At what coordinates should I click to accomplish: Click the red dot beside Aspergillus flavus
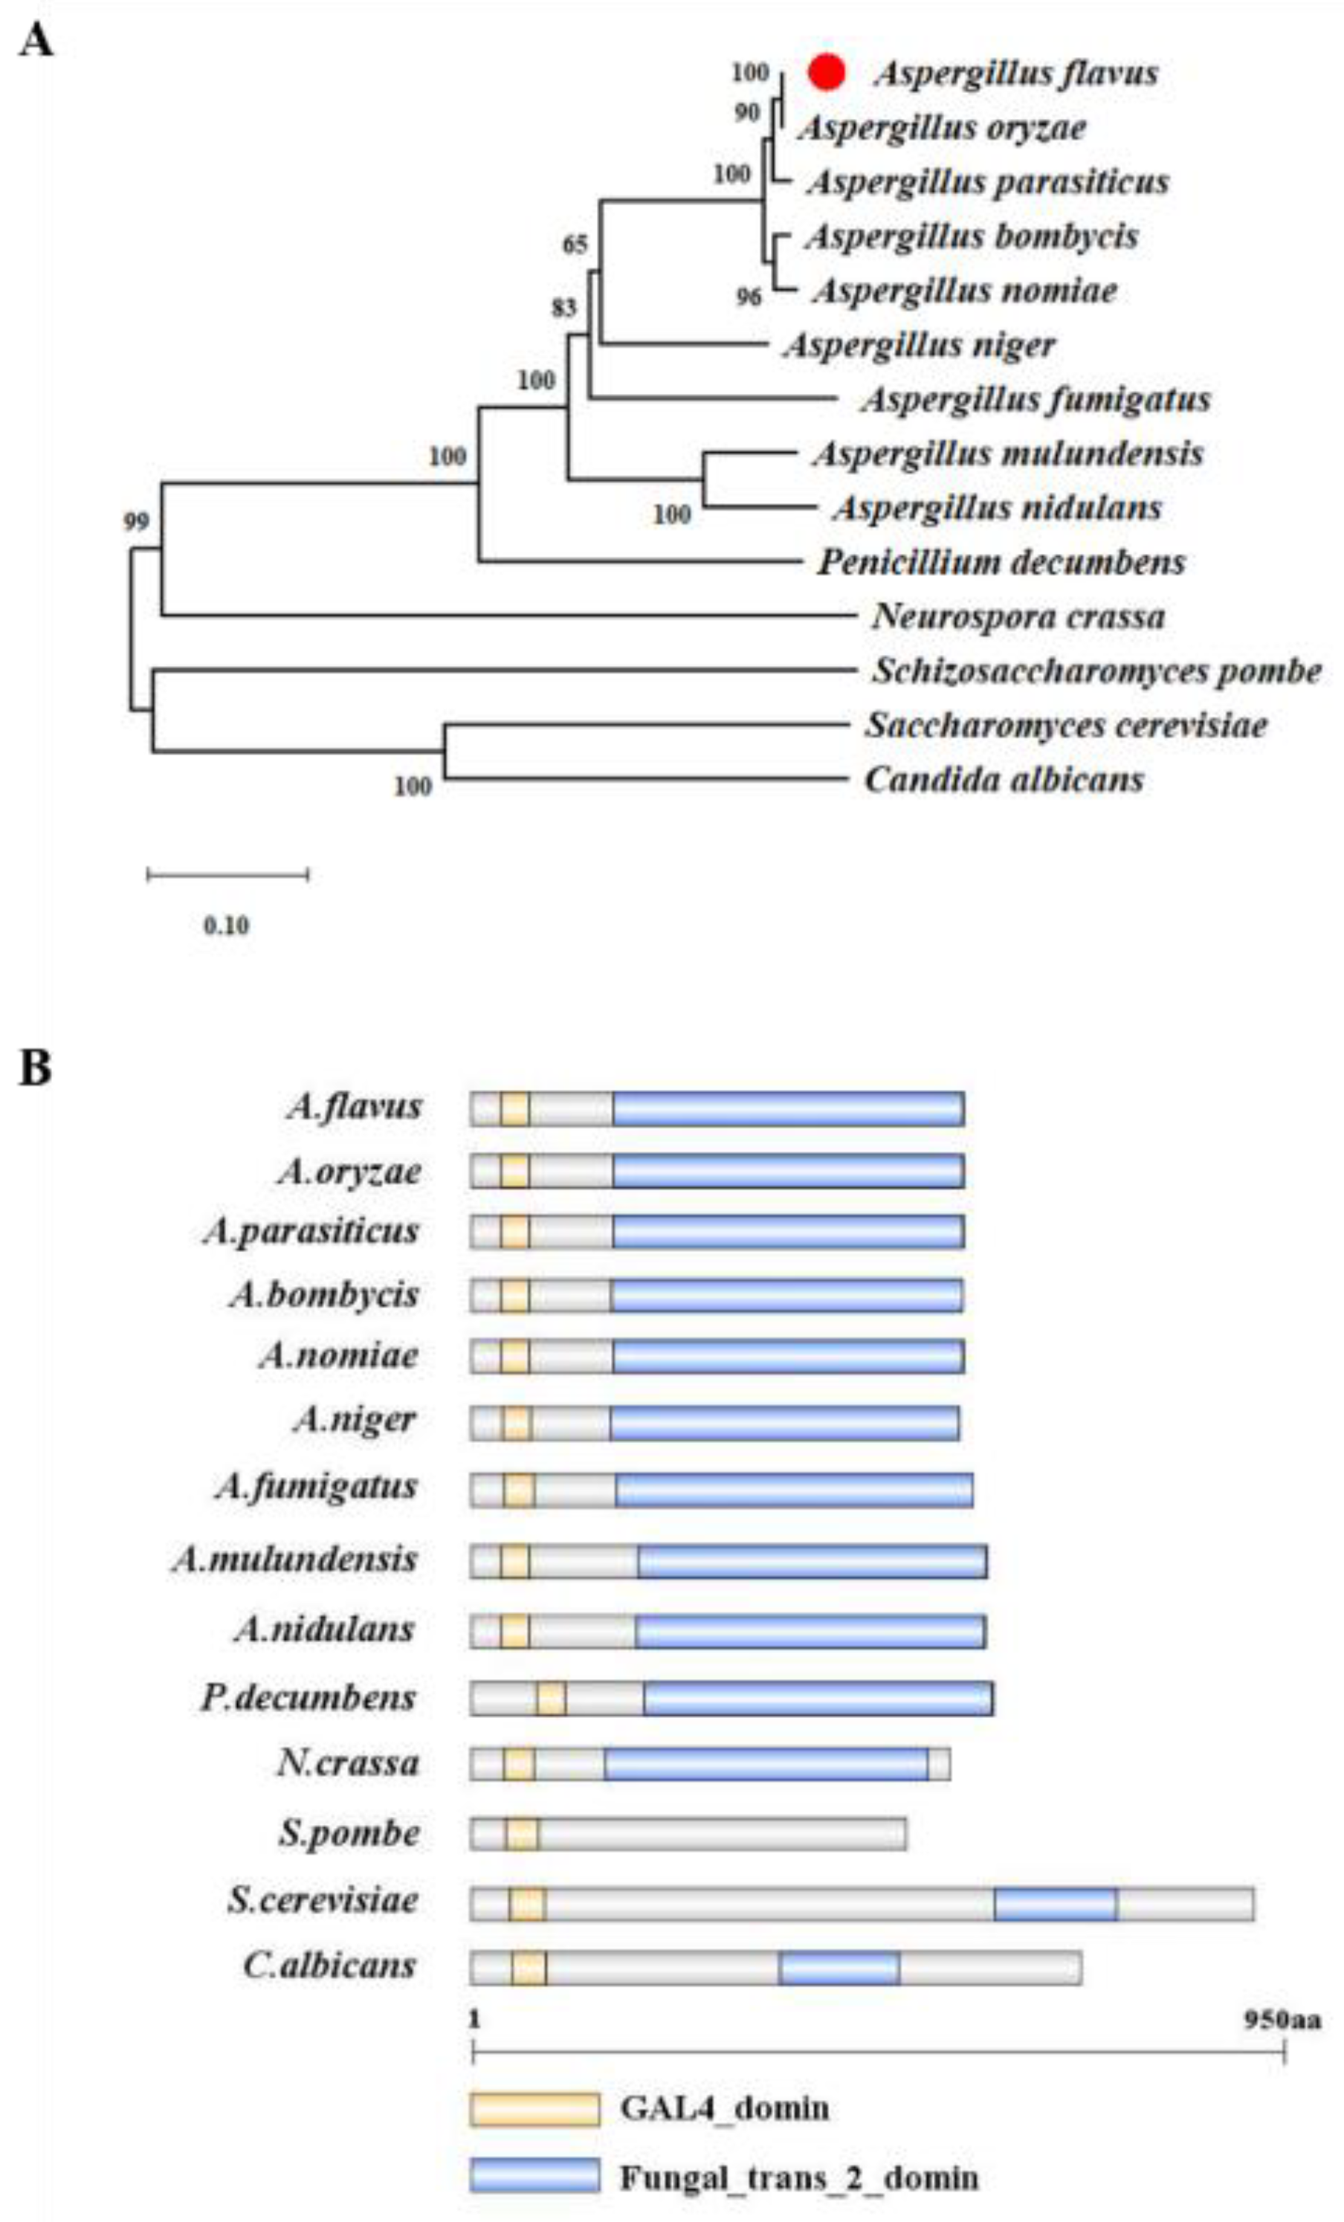826,73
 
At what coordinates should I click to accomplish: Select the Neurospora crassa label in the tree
1018,617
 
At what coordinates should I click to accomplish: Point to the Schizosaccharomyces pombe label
1095,671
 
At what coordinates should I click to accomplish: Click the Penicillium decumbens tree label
1001,563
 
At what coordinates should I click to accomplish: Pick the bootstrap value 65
575,245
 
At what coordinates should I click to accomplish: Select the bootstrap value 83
563,309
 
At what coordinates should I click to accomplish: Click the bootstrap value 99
136,521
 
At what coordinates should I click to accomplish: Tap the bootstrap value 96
749,296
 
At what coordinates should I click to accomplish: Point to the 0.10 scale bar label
225,926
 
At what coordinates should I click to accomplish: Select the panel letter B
36,1068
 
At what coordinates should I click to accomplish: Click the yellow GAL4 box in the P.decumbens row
551,1699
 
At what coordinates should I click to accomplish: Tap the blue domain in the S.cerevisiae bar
1056,1903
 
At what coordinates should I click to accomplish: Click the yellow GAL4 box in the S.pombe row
521,1834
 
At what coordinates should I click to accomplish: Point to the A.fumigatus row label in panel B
317,1485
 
